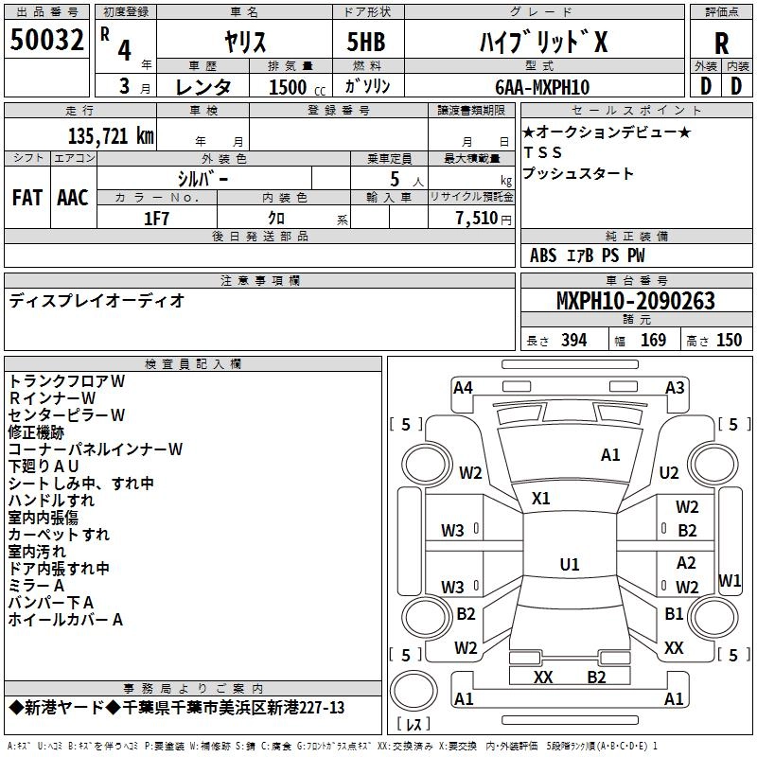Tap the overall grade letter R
(x=721, y=43)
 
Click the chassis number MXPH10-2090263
(x=635, y=301)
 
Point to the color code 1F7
(x=156, y=218)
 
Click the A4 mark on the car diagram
(x=463, y=387)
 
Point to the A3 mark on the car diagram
(x=675, y=387)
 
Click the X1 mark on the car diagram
(x=541, y=498)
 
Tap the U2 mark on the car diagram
(x=669, y=472)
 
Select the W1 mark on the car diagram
(x=730, y=579)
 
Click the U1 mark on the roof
(x=570, y=564)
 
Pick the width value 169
(x=653, y=341)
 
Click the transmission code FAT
(x=26, y=198)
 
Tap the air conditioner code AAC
(x=72, y=198)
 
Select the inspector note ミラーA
(x=37, y=586)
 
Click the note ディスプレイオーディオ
(x=97, y=301)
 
